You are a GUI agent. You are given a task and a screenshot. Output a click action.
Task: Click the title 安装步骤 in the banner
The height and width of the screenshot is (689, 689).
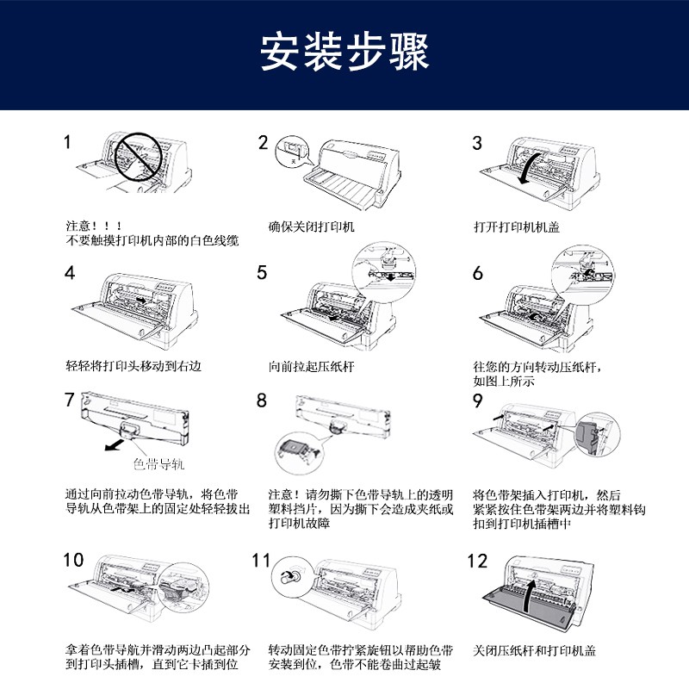coord(344,52)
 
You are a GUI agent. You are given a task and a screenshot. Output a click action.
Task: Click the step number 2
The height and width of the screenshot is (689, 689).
coord(263,142)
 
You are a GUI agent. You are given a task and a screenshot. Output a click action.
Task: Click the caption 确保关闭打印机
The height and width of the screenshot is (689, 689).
coord(311,227)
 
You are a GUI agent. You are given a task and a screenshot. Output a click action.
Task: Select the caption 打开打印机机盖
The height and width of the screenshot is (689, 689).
coord(516,227)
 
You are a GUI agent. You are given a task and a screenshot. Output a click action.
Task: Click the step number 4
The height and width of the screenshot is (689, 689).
coord(70,273)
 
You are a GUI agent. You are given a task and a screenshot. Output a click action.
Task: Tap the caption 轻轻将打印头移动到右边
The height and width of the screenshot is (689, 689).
coord(133,365)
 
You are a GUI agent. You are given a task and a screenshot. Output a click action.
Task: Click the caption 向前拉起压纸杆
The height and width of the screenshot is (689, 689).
coord(311,367)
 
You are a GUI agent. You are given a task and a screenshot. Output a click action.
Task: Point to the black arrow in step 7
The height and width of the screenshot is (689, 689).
coord(115,444)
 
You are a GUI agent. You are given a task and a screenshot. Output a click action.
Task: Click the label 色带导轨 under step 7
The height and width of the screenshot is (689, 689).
coord(159,464)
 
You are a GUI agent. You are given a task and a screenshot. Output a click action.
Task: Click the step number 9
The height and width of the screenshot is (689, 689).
coord(478,400)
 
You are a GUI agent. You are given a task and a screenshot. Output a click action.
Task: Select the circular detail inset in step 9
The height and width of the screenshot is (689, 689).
coord(597,434)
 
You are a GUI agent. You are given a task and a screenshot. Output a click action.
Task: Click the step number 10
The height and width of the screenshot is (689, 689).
coord(73,560)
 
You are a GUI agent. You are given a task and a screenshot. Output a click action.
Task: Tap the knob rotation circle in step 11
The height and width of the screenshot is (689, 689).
coord(290,576)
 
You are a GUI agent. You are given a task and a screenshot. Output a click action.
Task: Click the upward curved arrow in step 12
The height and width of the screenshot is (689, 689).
coord(529,594)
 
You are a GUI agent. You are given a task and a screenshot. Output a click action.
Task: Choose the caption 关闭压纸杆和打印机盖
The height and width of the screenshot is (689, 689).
coord(534,651)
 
